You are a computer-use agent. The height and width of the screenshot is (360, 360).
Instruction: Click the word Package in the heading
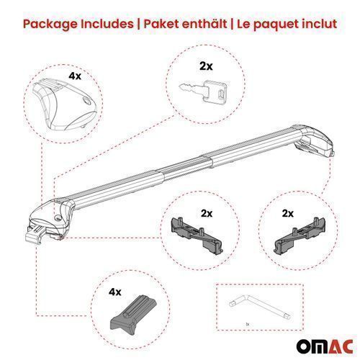click(x=51, y=24)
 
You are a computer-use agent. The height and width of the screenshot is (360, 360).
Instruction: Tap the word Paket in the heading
click(x=160, y=24)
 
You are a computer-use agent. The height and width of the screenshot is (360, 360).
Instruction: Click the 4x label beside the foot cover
click(x=75, y=76)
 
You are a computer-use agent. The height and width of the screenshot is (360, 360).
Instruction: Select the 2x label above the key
click(x=206, y=66)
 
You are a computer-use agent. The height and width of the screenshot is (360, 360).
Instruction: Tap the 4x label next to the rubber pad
click(x=115, y=292)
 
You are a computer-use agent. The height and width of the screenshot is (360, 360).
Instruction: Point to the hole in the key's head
click(x=222, y=94)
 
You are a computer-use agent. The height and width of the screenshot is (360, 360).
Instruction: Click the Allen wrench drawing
click(x=260, y=307)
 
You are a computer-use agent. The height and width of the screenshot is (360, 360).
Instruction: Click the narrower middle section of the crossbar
click(x=186, y=169)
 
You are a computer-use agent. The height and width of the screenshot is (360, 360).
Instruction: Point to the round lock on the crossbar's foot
click(x=58, y=218)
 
